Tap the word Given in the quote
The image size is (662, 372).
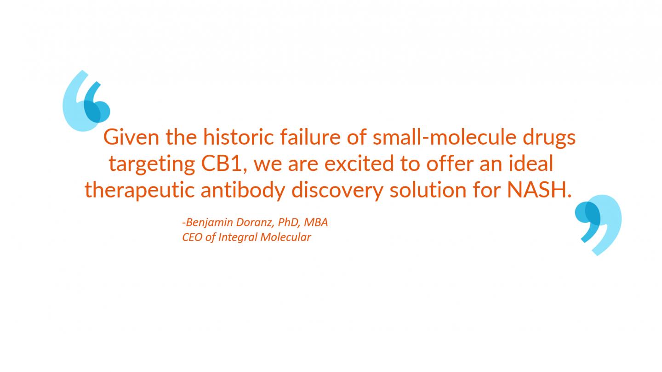(131, 137)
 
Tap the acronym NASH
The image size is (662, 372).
(539, 190)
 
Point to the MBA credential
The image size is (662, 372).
(316, 222)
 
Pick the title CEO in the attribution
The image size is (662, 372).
(192, 237)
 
